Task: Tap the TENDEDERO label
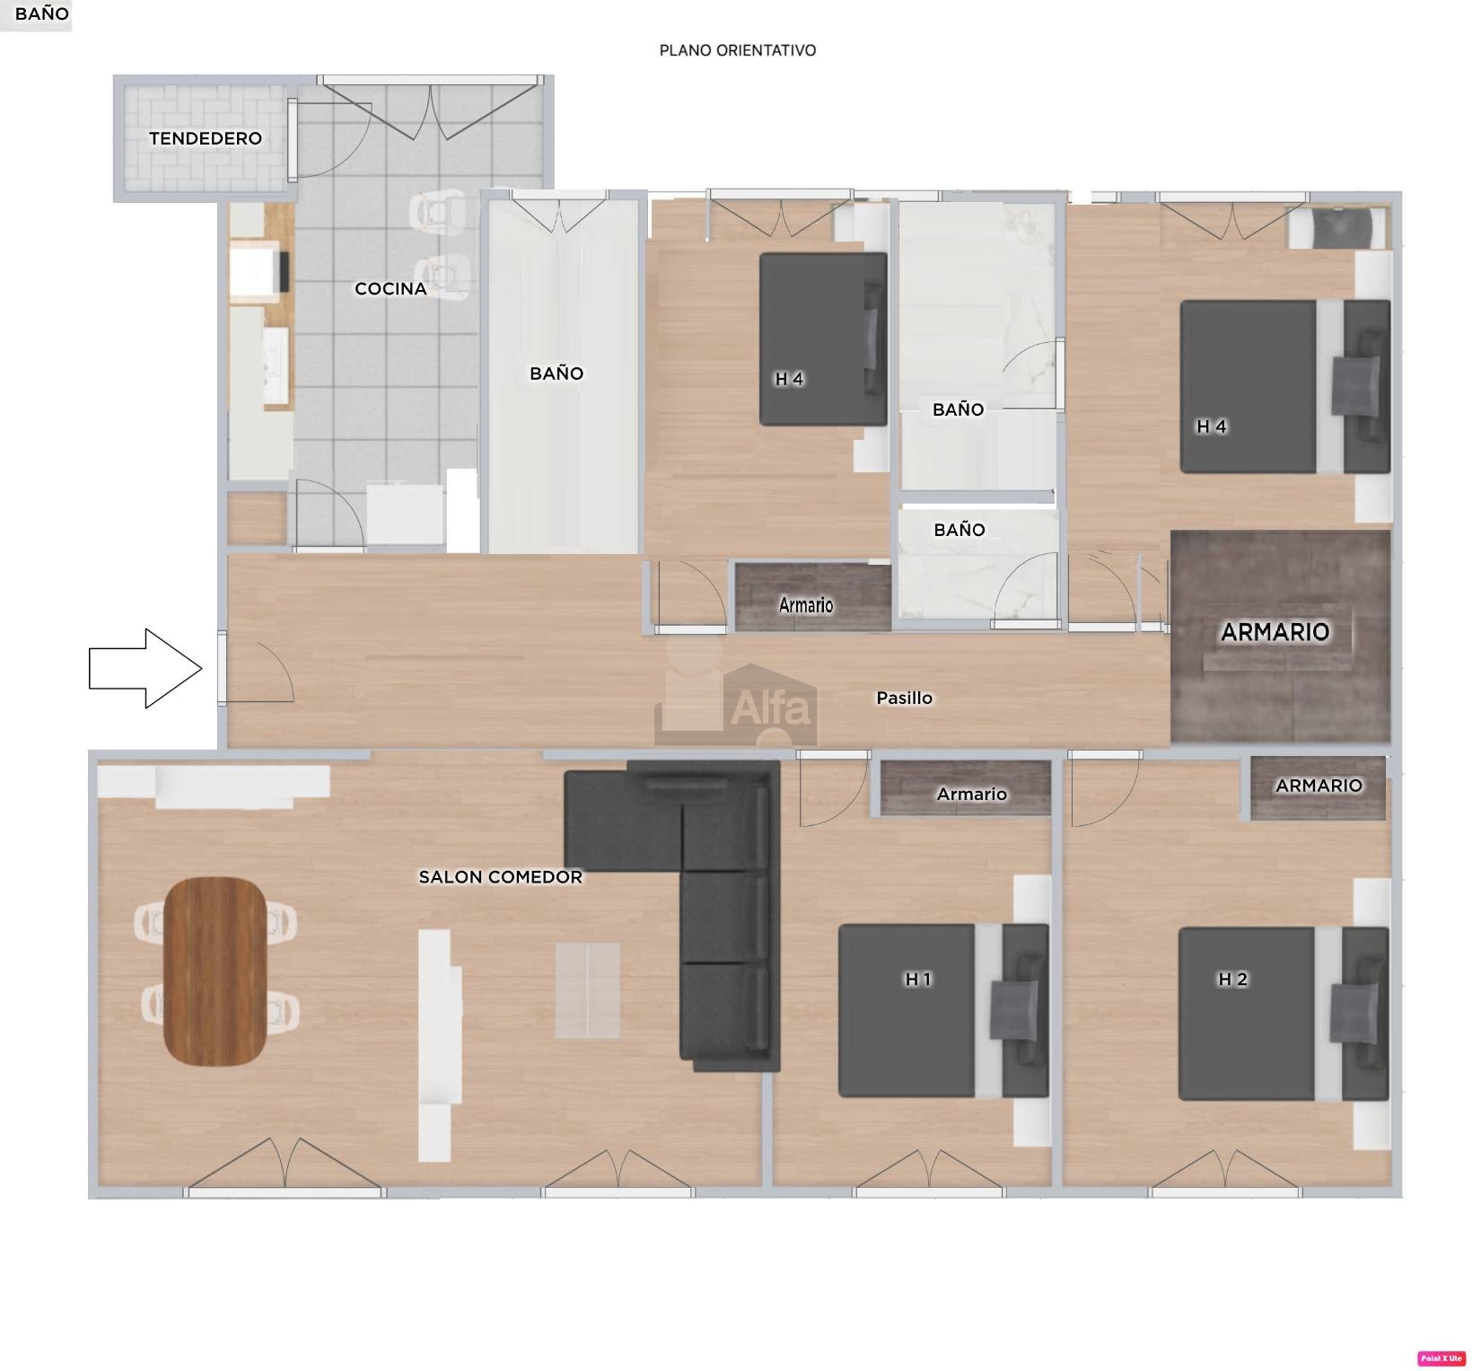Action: [x=206, y=138]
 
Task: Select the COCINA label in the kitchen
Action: [x=390, y=288]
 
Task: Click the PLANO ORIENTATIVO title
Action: [x=738, y=50]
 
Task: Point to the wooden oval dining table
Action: [x=215, y=971]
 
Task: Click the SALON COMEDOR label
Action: [x=501, y=877]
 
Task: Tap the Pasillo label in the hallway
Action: [x=905, y=698]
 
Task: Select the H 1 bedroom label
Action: [x=918, y=979]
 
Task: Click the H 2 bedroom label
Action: [x=1233, y=979]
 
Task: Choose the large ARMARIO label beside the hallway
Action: [x=1275, y=632]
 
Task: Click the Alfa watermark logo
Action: [x=736, y=705]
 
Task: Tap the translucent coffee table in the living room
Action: [x=587, y=990]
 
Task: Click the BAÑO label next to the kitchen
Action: [x=556, y=374]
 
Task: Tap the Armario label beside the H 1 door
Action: [x=972, y=794]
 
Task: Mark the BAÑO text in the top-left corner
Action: [x=42, y=14]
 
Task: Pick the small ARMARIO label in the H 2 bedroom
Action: [x=1319, y=786]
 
